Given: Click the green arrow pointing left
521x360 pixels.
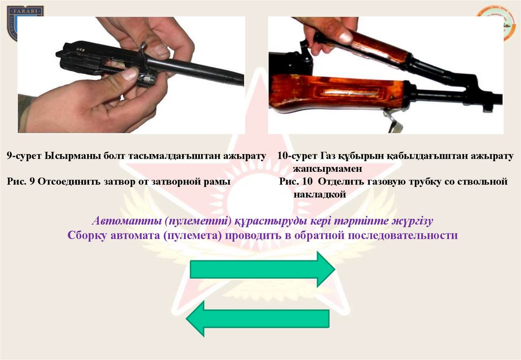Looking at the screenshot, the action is (258, 319).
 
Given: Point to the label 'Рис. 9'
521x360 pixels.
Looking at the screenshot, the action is (20, 182).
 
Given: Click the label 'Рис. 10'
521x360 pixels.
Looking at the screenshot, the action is (296, 182).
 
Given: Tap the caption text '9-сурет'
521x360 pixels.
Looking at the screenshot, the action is (24, 156).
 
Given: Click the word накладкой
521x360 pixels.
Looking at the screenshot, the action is (320, 194).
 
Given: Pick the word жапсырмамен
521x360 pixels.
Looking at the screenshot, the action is (328, 169).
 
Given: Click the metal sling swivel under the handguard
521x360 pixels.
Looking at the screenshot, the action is (394, 121).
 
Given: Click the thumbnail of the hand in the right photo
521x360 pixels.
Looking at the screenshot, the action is (345, 37).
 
